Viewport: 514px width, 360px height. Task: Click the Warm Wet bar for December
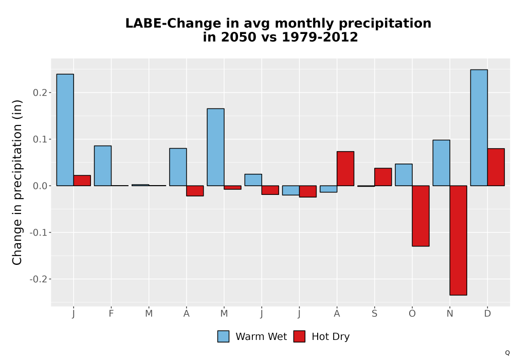click(x=479, y=128)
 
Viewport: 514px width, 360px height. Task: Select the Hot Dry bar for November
click(x=458, y=240)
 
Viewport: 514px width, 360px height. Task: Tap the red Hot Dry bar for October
click(x=420, y=215)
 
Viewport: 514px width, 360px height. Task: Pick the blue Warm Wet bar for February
click(x=103, y=166)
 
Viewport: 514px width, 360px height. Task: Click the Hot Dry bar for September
click(x=383, y=177)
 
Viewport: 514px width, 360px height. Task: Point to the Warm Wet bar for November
click(x=441, y=163)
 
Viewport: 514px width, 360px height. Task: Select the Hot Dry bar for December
click(x=496, y=167)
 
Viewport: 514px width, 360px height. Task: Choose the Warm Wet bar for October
click(x=403, y=175)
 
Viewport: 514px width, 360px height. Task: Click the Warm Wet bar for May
click(x=216, y=147)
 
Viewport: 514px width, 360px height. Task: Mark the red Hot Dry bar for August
click(x=345, y=169)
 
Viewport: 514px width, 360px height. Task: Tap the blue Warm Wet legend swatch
click(x=223, y=336)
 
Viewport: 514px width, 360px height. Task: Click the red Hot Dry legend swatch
click(x=299, y=336)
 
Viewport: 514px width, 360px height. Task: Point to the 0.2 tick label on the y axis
click(x=40, y=93)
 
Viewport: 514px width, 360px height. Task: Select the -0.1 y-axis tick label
click(x=39, y=232)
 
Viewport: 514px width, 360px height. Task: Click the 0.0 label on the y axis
click(x=40, y=186)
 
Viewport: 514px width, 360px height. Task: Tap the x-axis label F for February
click(x=111, y=314)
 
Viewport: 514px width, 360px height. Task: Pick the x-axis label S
click(x=374, y=314)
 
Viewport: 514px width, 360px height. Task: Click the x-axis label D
click(x=487, y=314)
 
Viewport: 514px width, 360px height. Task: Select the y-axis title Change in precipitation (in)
click(x=17, y=182)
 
